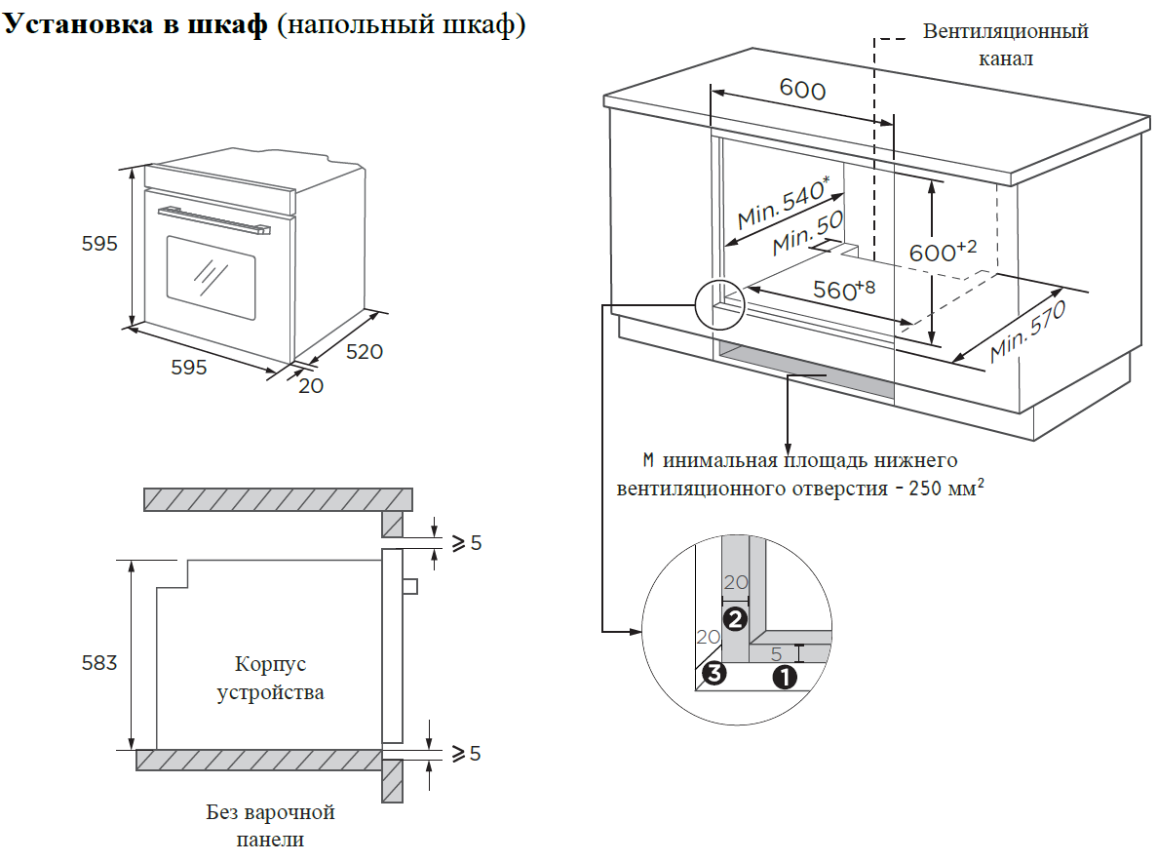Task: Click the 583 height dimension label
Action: (98, 664)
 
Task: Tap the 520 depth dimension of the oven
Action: (365, 351)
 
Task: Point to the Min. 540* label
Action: (784, 204)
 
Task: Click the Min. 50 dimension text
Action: (807, 235)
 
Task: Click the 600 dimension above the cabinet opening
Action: (802, 91)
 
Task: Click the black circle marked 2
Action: (735, 617)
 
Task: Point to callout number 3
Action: (714, 673)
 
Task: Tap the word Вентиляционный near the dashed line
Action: (1006, 32)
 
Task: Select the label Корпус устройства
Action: (270, 679)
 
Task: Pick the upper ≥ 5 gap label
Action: (463, 543)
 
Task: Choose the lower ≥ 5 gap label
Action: (463, 753)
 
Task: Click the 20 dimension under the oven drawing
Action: (311, 385)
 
